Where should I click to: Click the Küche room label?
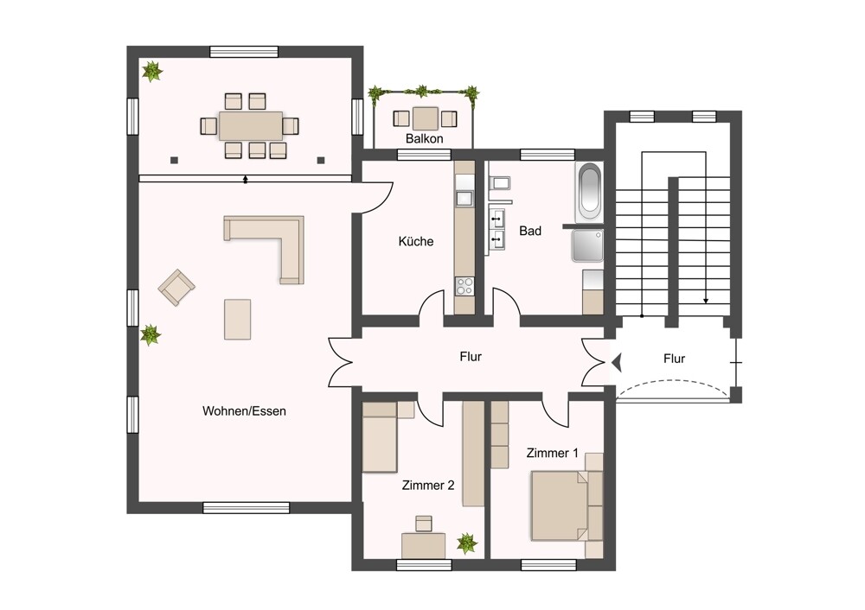(415, 241)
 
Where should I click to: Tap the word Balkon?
(424, 138)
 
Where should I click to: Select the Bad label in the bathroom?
(530, 231)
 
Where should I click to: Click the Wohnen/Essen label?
(244, 411)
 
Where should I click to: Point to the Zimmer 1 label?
(552, 453)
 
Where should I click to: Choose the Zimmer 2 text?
(428, 486)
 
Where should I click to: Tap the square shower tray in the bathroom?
(587, 245)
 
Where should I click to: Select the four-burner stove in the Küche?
(465, 287)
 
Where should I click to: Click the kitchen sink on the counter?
(465, 198)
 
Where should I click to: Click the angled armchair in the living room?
(176, 287)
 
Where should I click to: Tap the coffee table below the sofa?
(238, 319)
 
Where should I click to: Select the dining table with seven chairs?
(251, 126)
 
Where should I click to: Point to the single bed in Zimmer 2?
(380, 437)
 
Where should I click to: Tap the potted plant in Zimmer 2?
(467, 543)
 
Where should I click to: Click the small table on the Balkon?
(425, 118)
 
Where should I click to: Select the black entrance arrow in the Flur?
(617, 362)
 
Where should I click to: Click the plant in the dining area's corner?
(151, 72)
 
